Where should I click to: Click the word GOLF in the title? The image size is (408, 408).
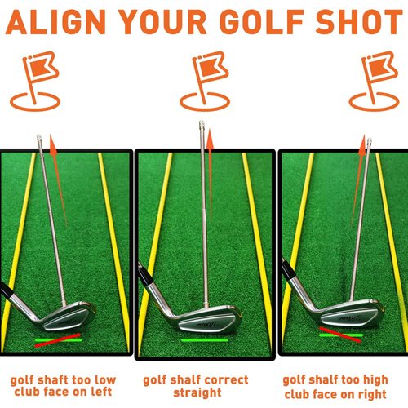[280, 24]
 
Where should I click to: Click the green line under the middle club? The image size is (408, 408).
[204, 339]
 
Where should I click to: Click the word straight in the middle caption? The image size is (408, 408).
[197, 393]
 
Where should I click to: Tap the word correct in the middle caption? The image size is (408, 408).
[227, 380]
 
